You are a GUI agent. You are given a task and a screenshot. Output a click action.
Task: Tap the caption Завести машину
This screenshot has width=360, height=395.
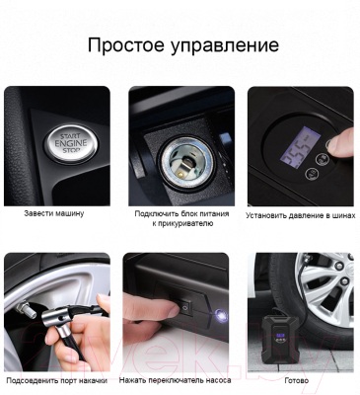55,212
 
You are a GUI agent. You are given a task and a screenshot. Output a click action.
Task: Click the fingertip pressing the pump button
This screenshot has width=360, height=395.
338,143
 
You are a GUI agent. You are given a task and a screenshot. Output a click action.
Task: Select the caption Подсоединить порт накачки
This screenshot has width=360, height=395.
56,379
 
